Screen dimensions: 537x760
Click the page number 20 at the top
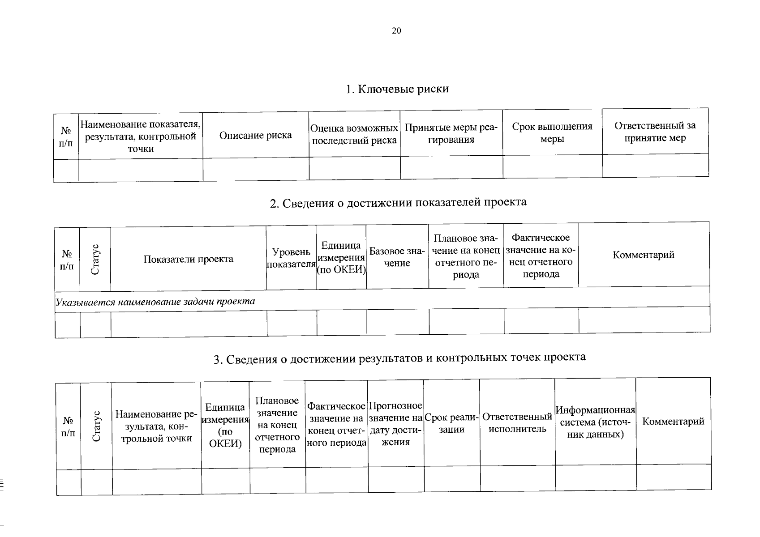tap(396, 31)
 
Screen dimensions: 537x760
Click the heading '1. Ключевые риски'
tap(397, 89)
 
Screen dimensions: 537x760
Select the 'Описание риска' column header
tap(255, 135)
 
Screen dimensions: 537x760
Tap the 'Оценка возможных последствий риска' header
tap(354, 134)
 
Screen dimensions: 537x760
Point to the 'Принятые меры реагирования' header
tap(451, 133)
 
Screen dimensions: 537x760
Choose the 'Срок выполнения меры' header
tap(552, 132)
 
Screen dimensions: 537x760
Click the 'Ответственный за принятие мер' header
tap(655, 132)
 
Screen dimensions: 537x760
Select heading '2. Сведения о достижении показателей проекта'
tap(398, 203)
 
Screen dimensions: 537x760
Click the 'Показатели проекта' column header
tap(188, 259)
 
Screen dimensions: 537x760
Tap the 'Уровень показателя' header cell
tap(291, 258)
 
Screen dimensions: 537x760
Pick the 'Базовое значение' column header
tap(397, 257)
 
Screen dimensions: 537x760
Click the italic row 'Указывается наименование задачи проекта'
tap(155, 302)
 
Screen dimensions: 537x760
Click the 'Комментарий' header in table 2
tap(643, 255)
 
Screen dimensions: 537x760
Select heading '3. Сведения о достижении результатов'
tap(399, 358)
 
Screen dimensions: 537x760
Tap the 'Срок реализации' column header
tap(451, 423)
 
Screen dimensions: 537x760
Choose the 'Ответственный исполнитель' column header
tap(517, 422)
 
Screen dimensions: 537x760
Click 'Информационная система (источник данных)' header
tap(595, 422)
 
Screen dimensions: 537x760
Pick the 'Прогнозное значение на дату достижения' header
tap(396, 423)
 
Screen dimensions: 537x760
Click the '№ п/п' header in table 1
tap(66, 137)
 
